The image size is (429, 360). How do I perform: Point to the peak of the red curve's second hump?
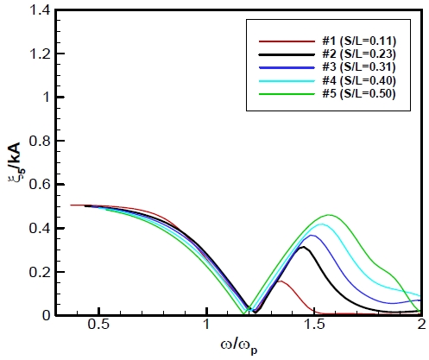pyautogui.click(x=279, y=281)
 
